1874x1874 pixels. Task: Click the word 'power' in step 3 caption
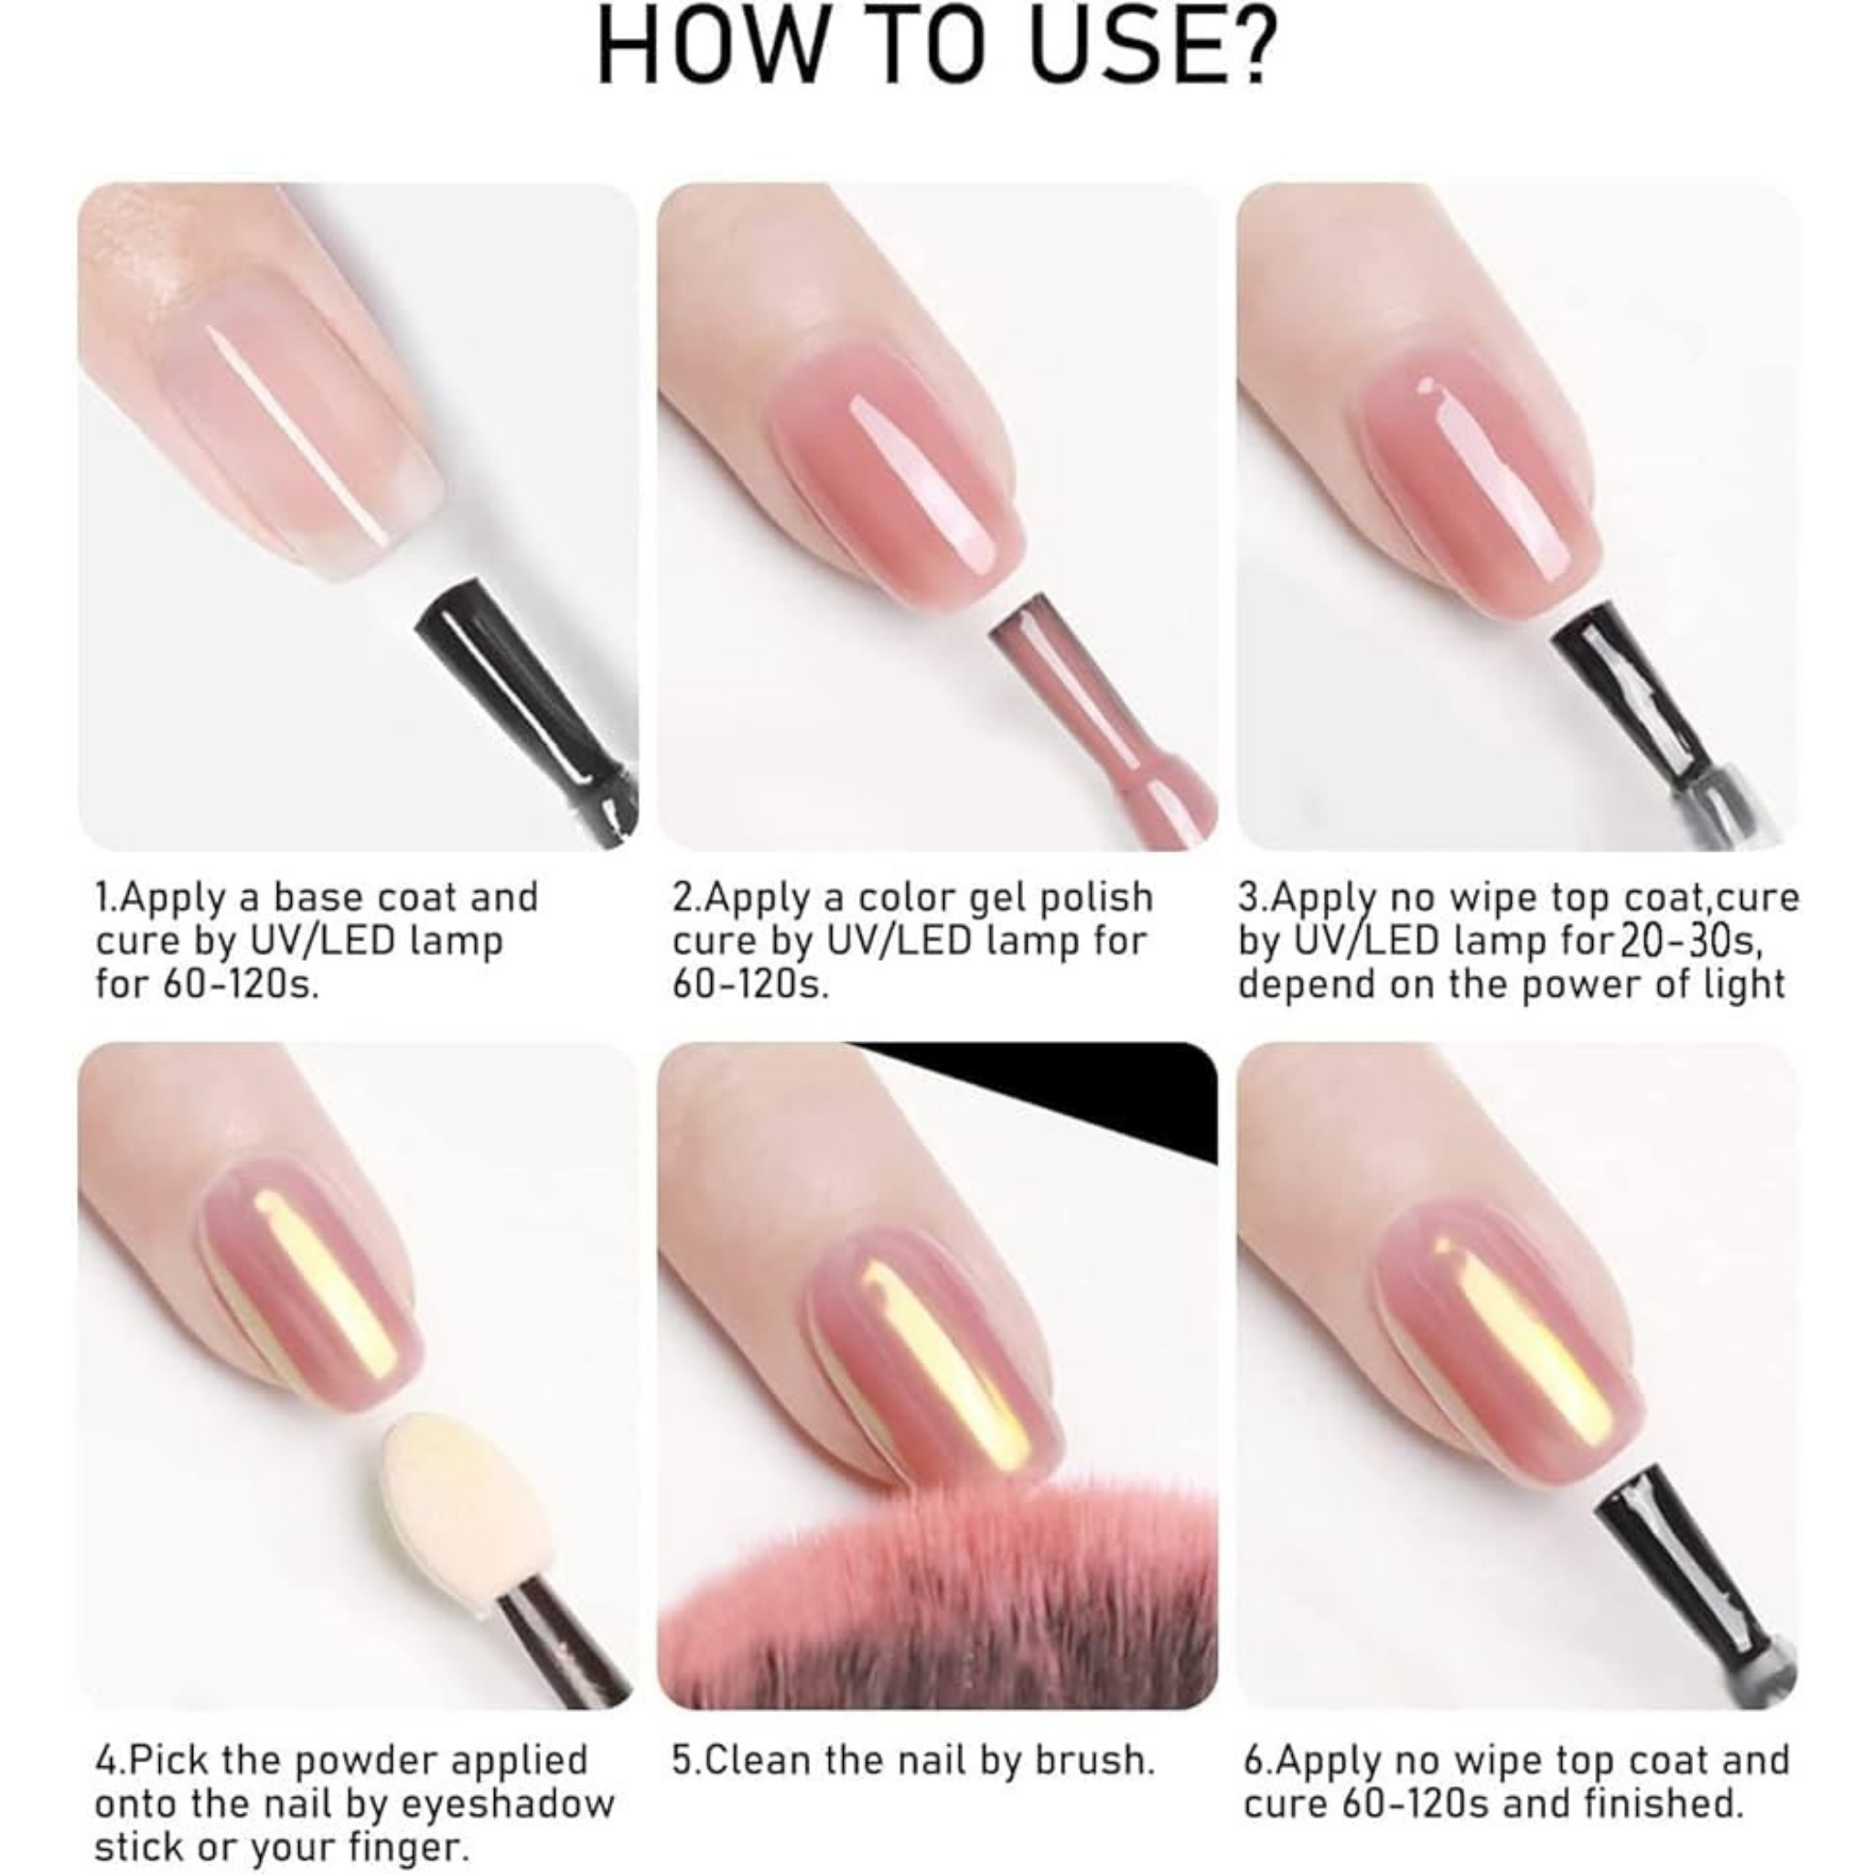tap(1581, 984)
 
